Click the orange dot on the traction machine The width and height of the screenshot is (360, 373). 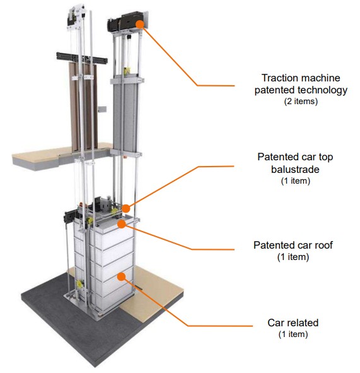(140, 24)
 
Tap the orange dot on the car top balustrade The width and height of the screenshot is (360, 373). (126, 208)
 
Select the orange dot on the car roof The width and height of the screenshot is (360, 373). (122, 224)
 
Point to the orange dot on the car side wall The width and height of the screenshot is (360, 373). (122, 276)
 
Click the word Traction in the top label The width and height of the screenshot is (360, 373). (279, 78)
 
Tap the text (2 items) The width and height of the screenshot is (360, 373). (301, 102)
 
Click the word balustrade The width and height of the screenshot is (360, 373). (295, 170)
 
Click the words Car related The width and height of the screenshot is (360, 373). (293, 323)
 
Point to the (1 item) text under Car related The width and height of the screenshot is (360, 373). (293, 335)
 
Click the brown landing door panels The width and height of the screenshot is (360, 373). (84, 107)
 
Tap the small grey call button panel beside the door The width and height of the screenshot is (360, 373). (102, 109)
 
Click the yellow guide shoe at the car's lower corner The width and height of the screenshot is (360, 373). (79, 284)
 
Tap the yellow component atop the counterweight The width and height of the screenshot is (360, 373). (127, 71)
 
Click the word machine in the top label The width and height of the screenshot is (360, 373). (320, 78)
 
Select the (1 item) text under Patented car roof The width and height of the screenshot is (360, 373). (293, 257)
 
